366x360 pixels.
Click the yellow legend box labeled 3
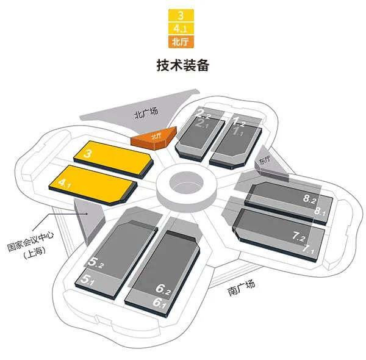[181, 15]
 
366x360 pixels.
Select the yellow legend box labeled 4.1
[181, 29]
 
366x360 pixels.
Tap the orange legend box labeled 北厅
[181, 42]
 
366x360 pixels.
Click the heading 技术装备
[183, 65]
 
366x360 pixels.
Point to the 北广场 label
[146, 113]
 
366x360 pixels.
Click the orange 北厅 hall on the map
[154, 139]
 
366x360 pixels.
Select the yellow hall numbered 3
[113, 159]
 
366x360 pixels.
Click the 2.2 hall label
[203, 113]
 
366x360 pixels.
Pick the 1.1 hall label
[238, 131]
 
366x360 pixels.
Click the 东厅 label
[265, 160]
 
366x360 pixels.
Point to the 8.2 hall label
[310, 199]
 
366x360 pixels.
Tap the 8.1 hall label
[320, 211]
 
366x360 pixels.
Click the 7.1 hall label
[308, 250]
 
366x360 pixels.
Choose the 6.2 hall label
[163, 289]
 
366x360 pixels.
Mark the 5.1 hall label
[87, 279]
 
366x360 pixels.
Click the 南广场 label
[241, 288]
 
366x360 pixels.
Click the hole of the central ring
[186, 182]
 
